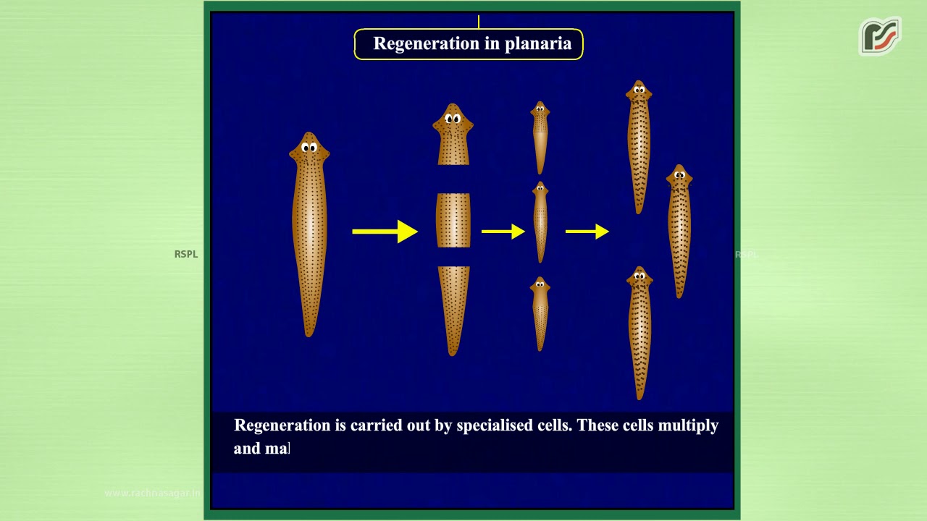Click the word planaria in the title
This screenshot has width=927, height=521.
point(538,43)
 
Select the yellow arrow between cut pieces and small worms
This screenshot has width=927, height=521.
point(503,232)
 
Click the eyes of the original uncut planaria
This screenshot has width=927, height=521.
point(309,148)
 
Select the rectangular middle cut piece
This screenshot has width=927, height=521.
point(453,220)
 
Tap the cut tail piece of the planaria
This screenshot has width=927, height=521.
point(453,308)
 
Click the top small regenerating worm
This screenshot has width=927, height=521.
point(540,137)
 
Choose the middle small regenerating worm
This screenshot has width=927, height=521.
point(540,221)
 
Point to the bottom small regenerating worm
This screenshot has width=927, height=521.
point(540,313)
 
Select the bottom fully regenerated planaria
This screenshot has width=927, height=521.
point(639,333)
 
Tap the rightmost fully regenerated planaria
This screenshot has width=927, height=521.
point(679,232)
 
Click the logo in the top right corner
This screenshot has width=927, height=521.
point(879,36)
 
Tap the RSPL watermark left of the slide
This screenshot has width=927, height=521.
point(186,254)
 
